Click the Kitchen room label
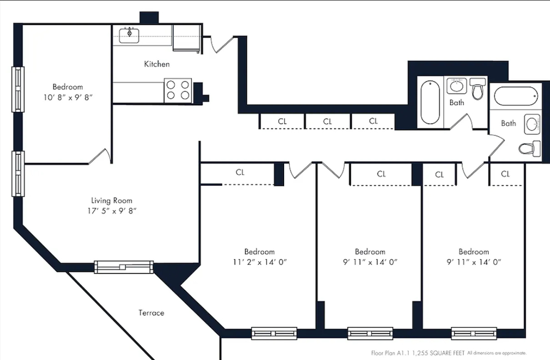coord(157,64)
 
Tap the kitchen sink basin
coord(129,36)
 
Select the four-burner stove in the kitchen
coord(178,90)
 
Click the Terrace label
coord(151,313)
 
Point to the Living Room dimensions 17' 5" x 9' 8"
coord(112,211)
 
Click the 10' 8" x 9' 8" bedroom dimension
coord(68,98)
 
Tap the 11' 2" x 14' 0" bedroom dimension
coord(260,262)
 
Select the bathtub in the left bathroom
coord(430,103)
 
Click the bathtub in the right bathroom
coord(516,96)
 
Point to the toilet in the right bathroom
coord(529,149)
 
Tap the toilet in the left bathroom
coord(477,89)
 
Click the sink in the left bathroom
coord(457,86)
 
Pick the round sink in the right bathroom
coord(532,124)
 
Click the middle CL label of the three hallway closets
coord(327,122)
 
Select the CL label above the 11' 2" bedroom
coord(240,172)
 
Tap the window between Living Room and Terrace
coord(124,267)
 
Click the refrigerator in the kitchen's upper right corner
coord(186,38)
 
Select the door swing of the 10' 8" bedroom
coord(99,156)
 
